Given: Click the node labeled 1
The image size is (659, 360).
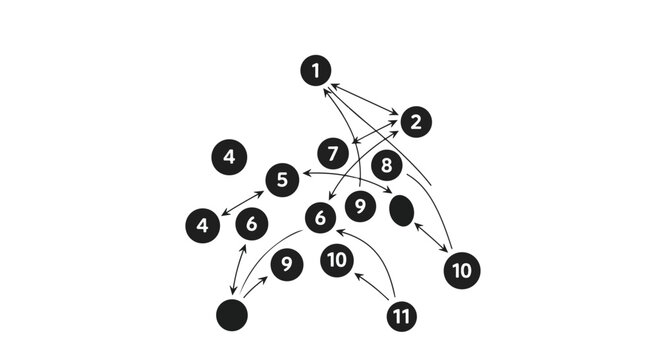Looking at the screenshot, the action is point(316,71).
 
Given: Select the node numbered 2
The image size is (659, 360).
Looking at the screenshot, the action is point(415,122).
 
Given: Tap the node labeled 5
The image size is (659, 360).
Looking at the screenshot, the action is point(282,180).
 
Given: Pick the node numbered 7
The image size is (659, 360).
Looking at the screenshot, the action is point(333,154).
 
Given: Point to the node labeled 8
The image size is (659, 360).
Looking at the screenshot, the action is point(387,165).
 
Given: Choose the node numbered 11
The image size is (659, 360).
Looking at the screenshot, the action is point(401,316).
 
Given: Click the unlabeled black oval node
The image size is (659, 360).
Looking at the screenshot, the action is point(401,210).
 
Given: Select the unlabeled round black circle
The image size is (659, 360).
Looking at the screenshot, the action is point(232,314).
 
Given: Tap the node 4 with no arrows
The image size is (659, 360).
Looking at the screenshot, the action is point(229,157).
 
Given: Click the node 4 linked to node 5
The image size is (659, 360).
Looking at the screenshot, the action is point(202,225).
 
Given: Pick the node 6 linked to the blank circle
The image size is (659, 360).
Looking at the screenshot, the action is point(251,224).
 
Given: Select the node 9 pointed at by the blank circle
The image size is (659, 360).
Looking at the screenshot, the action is point(287,264).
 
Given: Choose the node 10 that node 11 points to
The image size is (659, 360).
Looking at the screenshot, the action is point(338,260).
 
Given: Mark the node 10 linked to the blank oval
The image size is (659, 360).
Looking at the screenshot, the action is point(461,269).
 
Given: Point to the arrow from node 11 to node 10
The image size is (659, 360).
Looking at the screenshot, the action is point(371,285).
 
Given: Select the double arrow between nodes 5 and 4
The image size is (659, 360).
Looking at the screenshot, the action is point(242,202).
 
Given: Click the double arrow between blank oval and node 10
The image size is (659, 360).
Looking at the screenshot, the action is point(431,238).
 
